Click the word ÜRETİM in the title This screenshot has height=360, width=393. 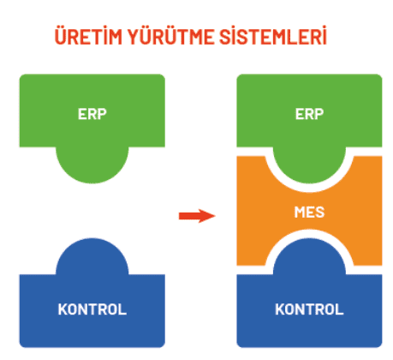88,36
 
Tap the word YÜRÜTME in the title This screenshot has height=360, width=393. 170,36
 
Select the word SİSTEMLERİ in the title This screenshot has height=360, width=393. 273,36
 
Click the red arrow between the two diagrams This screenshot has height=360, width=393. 197,216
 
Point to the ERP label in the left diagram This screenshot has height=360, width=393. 92,114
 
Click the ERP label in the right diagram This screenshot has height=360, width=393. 309,114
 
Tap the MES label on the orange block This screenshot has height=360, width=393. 309,213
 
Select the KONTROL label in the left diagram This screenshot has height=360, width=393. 92,309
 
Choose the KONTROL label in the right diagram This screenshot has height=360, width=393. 309,309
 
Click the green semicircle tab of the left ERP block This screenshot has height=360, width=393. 92,165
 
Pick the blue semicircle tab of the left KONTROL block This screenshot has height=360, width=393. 92,256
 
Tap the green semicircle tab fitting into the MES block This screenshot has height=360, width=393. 309,165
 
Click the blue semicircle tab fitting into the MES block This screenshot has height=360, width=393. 309,256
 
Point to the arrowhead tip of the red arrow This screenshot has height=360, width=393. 215,216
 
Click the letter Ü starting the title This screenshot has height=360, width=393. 61,36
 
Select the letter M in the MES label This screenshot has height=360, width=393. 301,213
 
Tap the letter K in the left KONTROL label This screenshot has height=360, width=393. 63,309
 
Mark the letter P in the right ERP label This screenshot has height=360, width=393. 319,114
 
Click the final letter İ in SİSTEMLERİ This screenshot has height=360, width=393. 324,36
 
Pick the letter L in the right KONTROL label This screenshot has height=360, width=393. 340,309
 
